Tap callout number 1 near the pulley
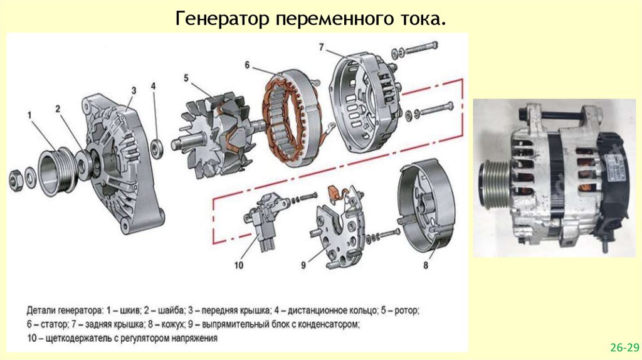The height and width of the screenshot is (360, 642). pos(29,116)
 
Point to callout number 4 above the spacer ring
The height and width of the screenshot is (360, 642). pos(153,86)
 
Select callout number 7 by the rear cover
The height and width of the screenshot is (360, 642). pos(322,48)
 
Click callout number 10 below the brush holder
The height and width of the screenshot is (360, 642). pos(239,265)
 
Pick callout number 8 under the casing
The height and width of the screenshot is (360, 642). pos(426,265)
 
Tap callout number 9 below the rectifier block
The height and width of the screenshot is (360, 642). pos(303,265)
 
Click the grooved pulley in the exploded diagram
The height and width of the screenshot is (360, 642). pos(56,171)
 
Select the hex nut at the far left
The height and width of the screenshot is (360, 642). pos(16,181)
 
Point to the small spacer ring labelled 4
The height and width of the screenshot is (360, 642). pos(156,148)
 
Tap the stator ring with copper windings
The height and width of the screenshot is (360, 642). pos(293,118)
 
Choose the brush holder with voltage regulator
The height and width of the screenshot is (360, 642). pos(262,219)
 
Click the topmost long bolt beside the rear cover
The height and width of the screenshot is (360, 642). pos(415,49)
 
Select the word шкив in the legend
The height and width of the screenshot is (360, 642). pos(130,310)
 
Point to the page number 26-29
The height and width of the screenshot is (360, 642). pos(624,347)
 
